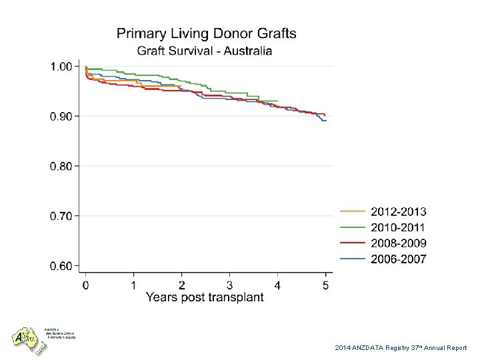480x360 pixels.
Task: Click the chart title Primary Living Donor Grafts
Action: (x=207, y=33)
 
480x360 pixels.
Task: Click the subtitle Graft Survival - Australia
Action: (x=205, y=51)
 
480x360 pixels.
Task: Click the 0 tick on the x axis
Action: (x=85, y=284)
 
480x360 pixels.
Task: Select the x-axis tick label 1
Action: (x=133, y=284)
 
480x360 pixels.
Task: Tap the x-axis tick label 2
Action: (x=181, y=284)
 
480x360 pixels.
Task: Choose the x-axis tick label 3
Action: (x=229, y=284)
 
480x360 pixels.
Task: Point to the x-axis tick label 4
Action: (x=277, y=284)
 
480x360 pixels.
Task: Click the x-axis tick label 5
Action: (x=325, y=284)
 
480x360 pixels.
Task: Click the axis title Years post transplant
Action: (x=205, y=297)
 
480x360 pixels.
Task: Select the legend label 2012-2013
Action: (x=399, y=211)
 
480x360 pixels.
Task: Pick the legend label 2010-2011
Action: (x=399, y=227)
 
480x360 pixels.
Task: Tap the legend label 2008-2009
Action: (x=399, y=243)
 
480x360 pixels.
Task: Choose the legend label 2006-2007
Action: (x=399, y=259)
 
